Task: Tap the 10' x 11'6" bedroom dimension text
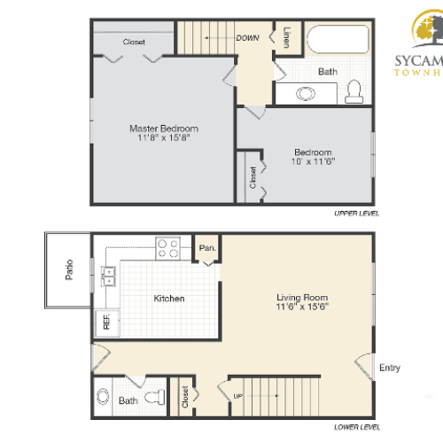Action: tap(314, 162)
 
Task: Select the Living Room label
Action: tap(302, 298)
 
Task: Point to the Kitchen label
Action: tap(169, 299)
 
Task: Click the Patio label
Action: tap(70, 268)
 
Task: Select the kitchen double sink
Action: tap(110, 276)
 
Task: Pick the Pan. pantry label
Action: tap(208, 248)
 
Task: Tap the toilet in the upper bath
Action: tap(355, 90)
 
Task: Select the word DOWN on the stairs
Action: tap(247, 38)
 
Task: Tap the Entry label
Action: tap(389, 367)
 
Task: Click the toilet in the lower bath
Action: tap(158, 397)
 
